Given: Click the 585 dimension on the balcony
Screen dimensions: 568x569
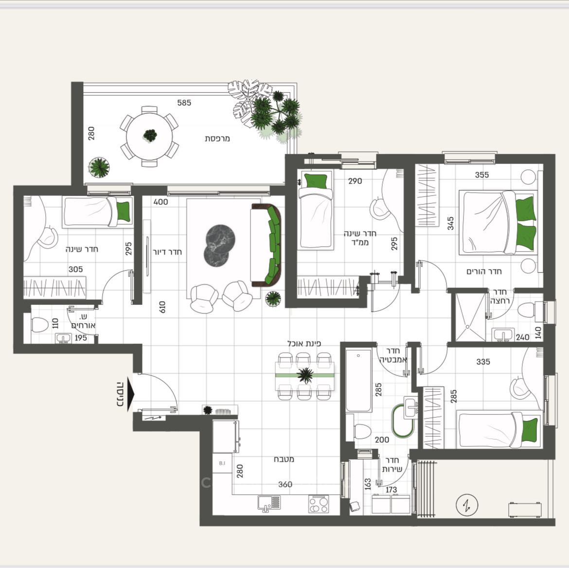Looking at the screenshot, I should pos(184,103).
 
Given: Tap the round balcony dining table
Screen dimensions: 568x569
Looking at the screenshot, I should pos(149,136).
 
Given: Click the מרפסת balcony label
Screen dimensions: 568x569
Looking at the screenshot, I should pos(217,139).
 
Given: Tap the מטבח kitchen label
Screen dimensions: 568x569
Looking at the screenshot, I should pos(284,459).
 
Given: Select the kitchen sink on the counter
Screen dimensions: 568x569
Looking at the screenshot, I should pos(268,503).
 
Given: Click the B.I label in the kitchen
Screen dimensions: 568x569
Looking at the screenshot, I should pos(222,463).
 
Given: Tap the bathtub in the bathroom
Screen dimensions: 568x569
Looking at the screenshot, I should pos(358,380).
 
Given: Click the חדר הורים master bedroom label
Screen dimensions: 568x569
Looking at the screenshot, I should pos(484,271).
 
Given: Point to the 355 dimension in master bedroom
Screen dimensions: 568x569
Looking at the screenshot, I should pos(482,175).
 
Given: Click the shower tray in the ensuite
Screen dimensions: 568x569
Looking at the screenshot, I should pos(469,316).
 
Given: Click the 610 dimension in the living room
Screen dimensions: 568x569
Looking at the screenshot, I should pos(162,307).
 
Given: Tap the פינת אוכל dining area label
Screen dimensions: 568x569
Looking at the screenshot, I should pos(304,343).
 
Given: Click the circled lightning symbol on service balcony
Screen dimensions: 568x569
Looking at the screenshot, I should pos(467,505).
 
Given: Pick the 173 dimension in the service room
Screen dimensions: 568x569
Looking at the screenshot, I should pos(391,490).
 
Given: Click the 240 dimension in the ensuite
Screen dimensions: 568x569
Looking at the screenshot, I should pos(522,337).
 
